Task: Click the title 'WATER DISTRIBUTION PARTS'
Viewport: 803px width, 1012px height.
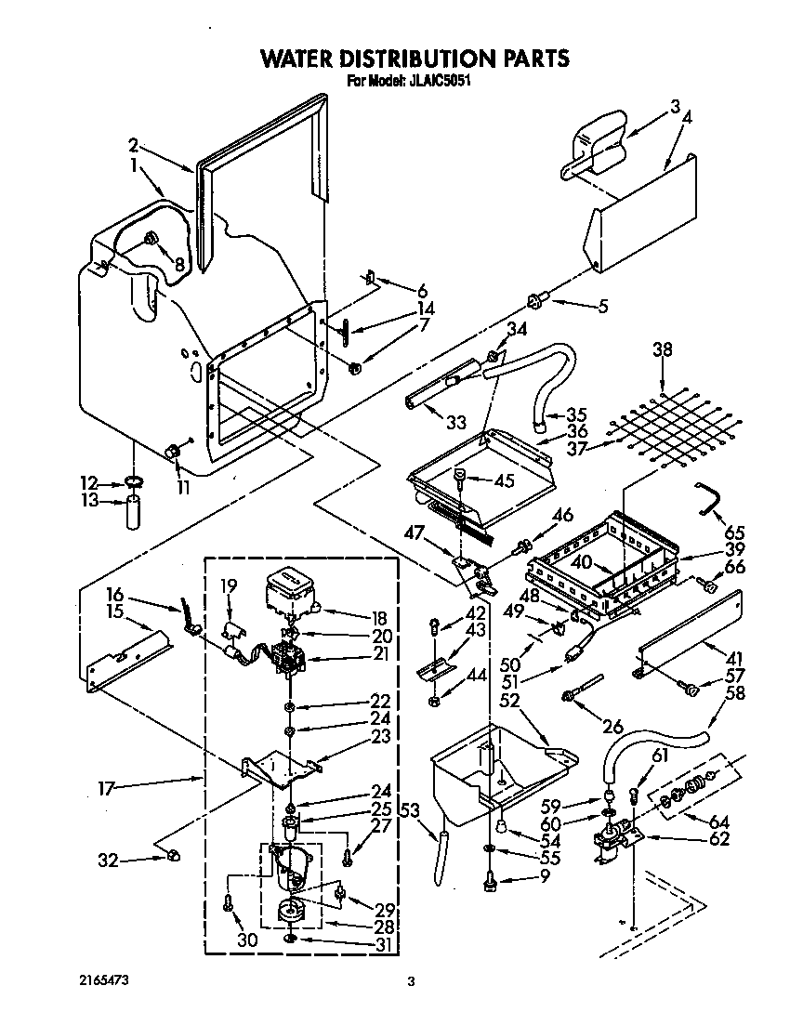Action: pyautogui.click(x=414, y=59)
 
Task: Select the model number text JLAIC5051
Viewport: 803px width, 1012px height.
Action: pyautogui.click(x=443, y=81)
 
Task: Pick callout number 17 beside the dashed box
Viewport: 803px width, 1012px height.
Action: pyautogui.click(x=106, y=789)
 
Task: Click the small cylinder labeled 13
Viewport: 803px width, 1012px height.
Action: pyautogui.click(x=134, y=512)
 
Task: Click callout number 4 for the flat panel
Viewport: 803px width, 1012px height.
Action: pyautogui.click(x=687, y=118)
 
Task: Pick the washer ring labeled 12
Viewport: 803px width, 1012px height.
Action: pyautogui.click(x=135, y=482)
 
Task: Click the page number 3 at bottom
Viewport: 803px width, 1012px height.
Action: pyautogui.click(x=410, y=981)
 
